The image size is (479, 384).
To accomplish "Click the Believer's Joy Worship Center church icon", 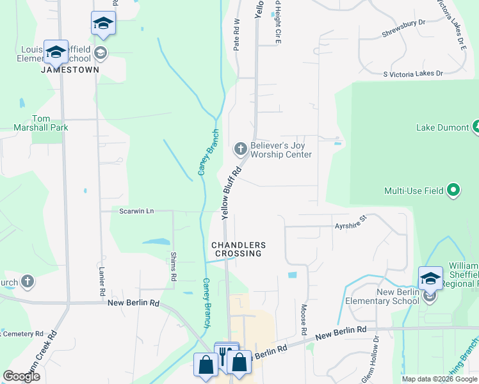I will click(x=241, y=150).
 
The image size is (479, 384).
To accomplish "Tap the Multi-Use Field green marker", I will click(x=453, y=190).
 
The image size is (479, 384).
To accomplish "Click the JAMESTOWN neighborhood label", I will click(x=70, y=69).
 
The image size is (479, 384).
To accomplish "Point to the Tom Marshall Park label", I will click(x=41, y=123).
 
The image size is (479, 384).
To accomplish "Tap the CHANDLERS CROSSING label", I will click(x=238, y=249).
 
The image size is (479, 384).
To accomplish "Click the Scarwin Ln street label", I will click(x=136, y=211).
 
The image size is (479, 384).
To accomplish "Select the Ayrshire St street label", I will click(x=350, y=223).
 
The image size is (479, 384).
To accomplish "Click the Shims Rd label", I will click(x=174, y=266).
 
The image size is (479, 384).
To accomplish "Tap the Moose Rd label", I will click(x=303, y=319).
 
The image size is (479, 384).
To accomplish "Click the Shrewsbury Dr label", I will click(x=404, y=23).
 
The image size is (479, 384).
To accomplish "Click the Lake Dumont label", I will click(x=442, y=127).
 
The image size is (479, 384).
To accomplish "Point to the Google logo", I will click(x=21, y=376).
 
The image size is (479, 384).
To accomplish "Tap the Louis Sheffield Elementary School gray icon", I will click(x=101, y=52).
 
